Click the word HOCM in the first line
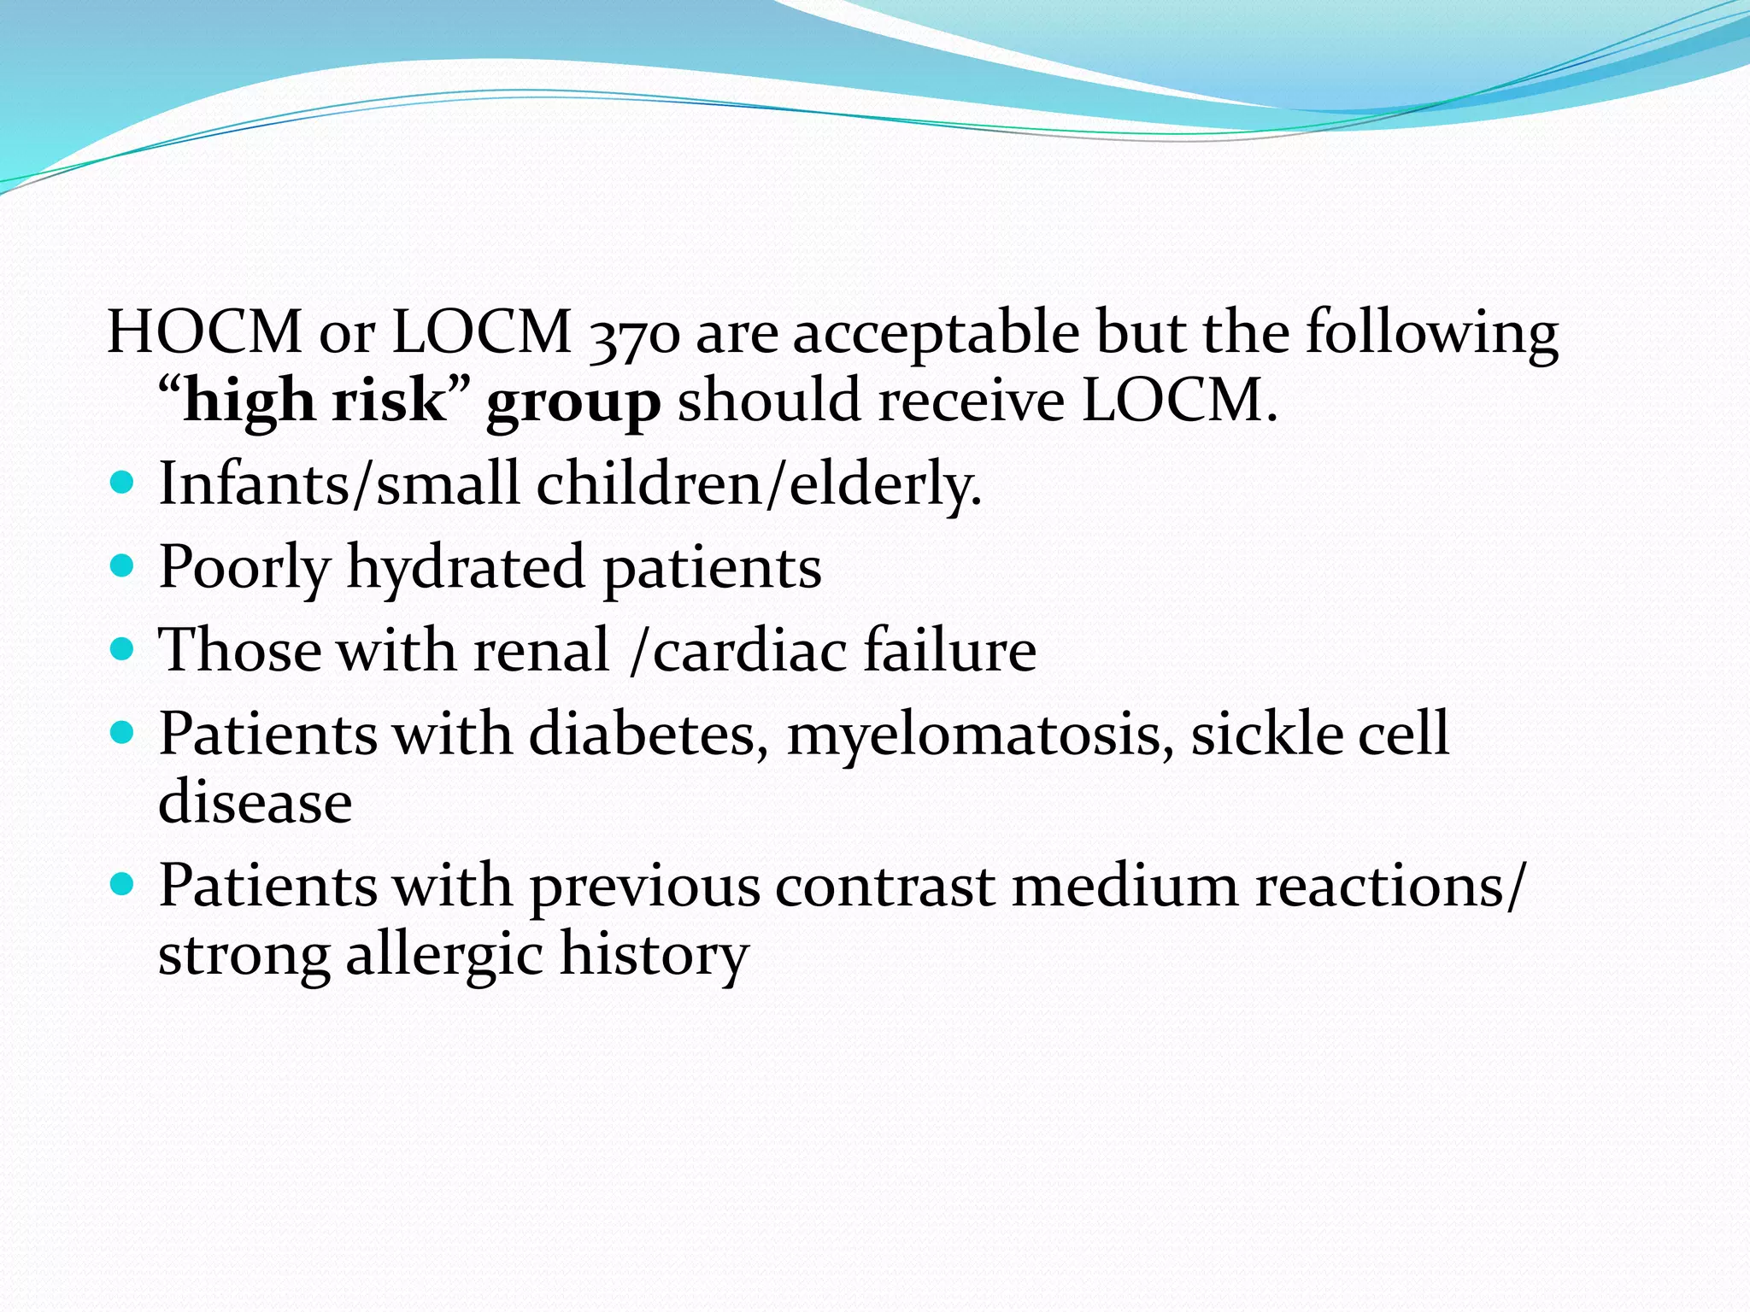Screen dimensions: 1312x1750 (204, 331)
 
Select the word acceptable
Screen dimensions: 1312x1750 (936, 333)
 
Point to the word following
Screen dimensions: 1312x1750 (1432, 333)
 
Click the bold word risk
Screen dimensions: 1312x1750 (390, 400)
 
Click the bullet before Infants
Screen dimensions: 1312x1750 (123, 483)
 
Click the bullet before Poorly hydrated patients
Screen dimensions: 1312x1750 (123, 566)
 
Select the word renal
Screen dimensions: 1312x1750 (542, 650)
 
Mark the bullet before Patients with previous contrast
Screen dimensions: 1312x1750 (123, 885)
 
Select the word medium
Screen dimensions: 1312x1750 (1125, 885)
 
